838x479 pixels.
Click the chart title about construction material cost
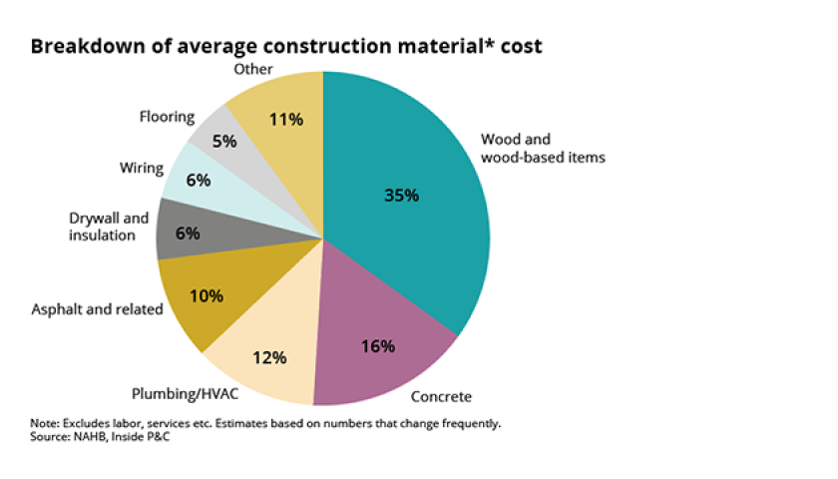[285, 47]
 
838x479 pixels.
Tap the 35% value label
[402, 196]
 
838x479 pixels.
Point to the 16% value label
[376, 346]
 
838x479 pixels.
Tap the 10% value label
[206, 296]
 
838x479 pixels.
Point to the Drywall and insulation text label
[109, 226]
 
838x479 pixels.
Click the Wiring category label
[141, 168]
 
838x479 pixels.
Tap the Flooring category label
[167, 117]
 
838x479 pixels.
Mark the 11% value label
[286, 120]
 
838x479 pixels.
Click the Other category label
[254, 69]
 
